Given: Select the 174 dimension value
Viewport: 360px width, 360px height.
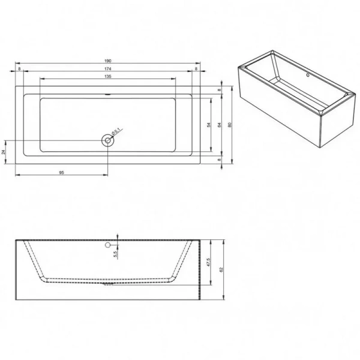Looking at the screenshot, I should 107,69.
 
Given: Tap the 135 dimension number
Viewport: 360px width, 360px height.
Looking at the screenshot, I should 107,77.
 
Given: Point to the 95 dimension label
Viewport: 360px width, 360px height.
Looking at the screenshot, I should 61,172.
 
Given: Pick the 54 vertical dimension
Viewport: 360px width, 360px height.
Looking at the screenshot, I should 208,125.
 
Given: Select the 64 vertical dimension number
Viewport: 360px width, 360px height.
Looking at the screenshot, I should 219,125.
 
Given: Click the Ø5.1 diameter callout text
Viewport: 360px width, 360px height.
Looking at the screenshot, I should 118,130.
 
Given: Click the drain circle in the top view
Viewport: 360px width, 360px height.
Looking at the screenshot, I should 108,140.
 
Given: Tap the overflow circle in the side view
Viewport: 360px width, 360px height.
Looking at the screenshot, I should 108,245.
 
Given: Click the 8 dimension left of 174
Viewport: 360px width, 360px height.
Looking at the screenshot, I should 20,69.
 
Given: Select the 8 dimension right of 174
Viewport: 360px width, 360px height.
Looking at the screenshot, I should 196,69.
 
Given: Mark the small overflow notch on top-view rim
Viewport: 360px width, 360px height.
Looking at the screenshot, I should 108,95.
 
